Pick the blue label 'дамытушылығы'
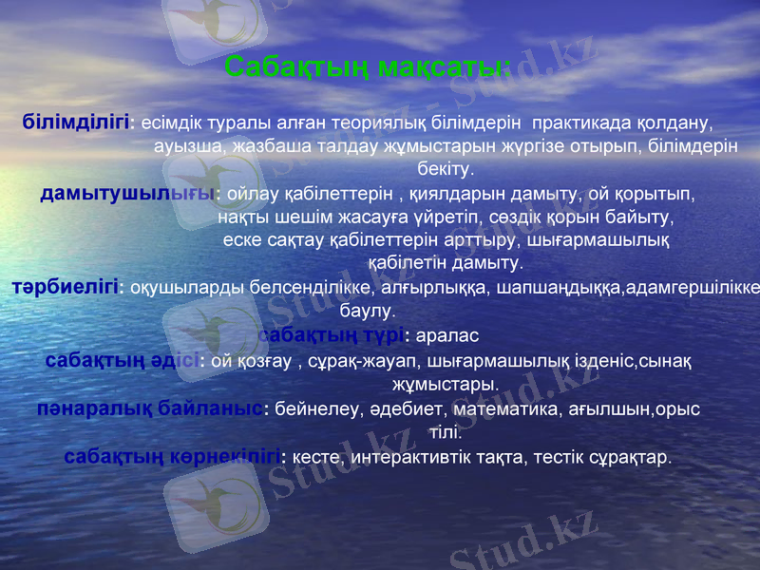127,194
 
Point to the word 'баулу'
367,310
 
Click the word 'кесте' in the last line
314,457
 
